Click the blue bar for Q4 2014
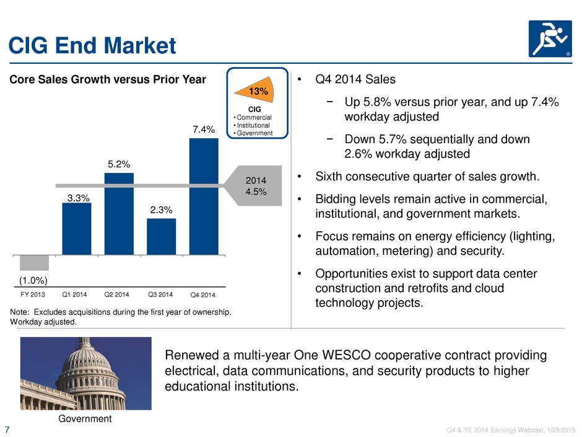[x=204, y=196]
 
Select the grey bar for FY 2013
[x=34, y=263]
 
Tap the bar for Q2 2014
[x=119, y=214]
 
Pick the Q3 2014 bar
[x=162, y=237]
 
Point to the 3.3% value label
[x=78, y=198]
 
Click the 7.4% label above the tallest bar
[x=204, y=130]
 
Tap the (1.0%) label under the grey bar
[x=33, y=280]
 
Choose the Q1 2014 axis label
[x=74, y=294]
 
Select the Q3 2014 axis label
[x=160, y=294]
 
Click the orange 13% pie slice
[x=259, y=90]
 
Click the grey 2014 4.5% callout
[x=254, y=186]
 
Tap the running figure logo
[x=550, y=38]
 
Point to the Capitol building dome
[x=85, y=361]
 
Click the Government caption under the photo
[x=85, y=419]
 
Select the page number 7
[x=7, y=430]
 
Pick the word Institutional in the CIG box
[x=253, y=125]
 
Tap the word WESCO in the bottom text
[x=346, y=355]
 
